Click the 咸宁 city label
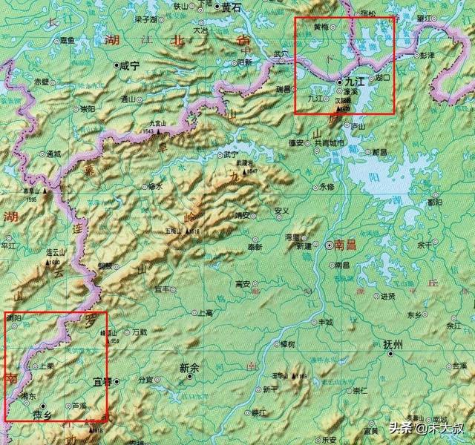[131, 65]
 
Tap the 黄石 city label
[232, 7]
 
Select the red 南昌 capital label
[346, 244]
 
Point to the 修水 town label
[155, 187]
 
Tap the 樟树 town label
[286, 344]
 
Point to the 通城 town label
[54, 154]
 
